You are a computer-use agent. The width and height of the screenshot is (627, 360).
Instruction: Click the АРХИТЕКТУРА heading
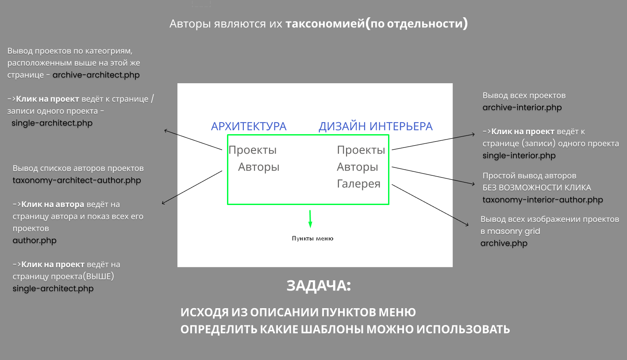(x=249, y=126)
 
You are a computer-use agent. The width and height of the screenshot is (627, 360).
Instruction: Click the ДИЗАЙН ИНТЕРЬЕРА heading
(x=376, y=126)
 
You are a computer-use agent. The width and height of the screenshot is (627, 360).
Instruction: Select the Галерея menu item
(x=358, y=184)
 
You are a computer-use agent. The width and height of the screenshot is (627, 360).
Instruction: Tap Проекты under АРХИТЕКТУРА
(x=253, y=150)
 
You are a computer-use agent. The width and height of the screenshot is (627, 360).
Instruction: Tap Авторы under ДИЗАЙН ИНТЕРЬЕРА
(x=358, y=167)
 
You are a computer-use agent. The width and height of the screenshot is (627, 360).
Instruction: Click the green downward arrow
(x=310, y=219)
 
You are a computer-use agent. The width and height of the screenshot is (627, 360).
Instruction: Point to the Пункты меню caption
(x=312, y=238)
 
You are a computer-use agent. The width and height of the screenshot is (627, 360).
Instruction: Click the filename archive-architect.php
(x=96, y=75)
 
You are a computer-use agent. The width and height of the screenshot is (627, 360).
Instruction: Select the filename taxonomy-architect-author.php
(x=77, y=180)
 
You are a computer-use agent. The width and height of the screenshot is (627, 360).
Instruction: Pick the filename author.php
(x=35, y=240)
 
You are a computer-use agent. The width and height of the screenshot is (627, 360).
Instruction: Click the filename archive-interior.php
(x=522, y=108)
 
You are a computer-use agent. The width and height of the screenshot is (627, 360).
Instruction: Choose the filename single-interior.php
(x=519, y=155)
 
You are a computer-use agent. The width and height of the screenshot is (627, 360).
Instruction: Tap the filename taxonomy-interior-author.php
(x=543, y=200)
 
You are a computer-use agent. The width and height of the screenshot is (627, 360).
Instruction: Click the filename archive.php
(x=504, y=243)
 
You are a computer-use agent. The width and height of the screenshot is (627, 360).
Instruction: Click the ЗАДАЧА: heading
(x=319, y=286)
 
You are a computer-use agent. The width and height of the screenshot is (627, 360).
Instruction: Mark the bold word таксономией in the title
(x=325, y=23)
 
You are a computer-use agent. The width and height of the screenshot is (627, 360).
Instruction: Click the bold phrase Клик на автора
(x=53, y=205)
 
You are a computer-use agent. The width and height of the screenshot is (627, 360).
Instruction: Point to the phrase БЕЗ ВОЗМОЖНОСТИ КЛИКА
(x=537, y=188)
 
